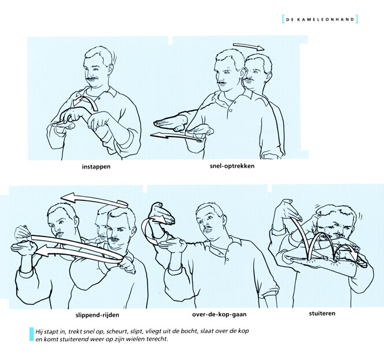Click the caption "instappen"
point(96,167)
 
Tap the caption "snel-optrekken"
point(232,166)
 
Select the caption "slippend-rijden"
point(98,315)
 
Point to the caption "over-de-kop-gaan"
point(219,314)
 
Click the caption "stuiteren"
point(322,313)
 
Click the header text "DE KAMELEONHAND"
point(320,19)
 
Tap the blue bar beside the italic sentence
point(31,334)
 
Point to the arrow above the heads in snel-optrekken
point(249,46)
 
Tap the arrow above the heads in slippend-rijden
point(94,199)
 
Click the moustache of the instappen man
point(93,80)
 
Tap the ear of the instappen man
point(111,69)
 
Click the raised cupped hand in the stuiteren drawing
point(287,210)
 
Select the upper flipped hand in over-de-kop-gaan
point(161,212)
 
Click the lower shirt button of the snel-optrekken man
point(230,110)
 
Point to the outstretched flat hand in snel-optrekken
point(170,123)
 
